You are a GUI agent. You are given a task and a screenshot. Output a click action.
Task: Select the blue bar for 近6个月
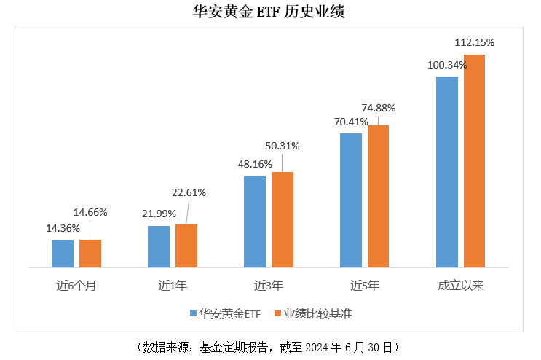click(63, 254)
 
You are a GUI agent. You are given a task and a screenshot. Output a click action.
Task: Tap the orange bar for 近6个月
click(90, 254)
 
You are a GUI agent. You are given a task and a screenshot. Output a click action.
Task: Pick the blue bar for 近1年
click(159, 246)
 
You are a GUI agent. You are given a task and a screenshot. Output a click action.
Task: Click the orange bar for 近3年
click(283, 219)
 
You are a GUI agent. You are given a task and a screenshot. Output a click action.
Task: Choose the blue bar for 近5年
click(351, 200)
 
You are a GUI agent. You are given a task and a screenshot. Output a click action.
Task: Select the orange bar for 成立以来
click(474, 161)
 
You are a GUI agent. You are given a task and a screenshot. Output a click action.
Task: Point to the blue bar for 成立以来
click(446, 172)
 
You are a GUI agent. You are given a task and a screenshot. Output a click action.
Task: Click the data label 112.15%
click(474, 42)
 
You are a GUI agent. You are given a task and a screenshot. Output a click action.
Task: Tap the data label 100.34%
click(447, 65)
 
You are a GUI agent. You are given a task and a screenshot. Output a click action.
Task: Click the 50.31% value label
click(282, 146)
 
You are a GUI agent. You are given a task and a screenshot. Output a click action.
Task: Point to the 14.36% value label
click(63, 228)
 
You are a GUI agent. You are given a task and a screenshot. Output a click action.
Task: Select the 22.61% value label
click(188, 192)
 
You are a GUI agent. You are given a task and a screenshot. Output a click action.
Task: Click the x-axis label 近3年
click(269, 285)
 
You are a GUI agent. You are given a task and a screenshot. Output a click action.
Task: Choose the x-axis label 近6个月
click(76, 285)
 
